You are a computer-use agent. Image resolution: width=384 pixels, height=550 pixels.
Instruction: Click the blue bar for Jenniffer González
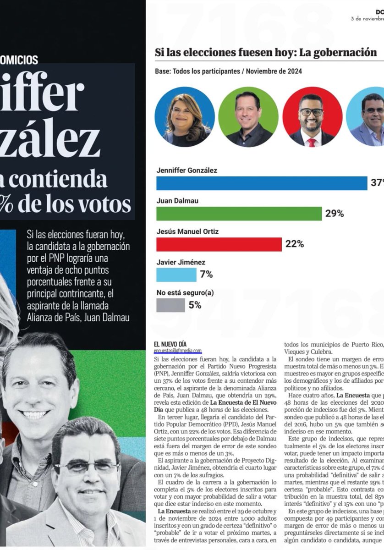point(262,183)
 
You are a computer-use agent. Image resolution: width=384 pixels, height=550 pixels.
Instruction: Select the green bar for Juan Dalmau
point(239,214)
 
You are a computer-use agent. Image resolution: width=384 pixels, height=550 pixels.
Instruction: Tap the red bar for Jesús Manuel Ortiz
point(219,244)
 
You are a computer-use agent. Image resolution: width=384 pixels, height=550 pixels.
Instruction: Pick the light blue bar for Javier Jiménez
point(176,275)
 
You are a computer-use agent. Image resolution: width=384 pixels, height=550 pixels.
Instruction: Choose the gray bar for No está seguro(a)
point(170,305)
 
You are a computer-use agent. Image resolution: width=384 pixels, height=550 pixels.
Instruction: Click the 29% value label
point(335,214)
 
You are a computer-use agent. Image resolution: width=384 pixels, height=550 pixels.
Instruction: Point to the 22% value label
point(295,244)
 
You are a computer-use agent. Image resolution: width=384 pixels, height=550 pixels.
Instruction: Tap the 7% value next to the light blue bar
point(206,275)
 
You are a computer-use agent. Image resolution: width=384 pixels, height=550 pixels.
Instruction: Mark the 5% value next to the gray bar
point(195,305)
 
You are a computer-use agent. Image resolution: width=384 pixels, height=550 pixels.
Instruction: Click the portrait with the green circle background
point(248,117)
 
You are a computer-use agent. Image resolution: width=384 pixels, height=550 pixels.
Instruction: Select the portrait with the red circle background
point(312,117)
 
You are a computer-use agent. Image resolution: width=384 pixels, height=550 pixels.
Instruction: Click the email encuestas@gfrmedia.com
point(178,351)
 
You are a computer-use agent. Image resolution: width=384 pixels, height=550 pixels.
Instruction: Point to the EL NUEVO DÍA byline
point(170,344)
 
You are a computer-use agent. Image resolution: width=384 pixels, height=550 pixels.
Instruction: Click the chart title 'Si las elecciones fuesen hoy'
point(266,52)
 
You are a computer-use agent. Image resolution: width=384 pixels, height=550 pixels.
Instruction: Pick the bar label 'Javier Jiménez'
point(181,263)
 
